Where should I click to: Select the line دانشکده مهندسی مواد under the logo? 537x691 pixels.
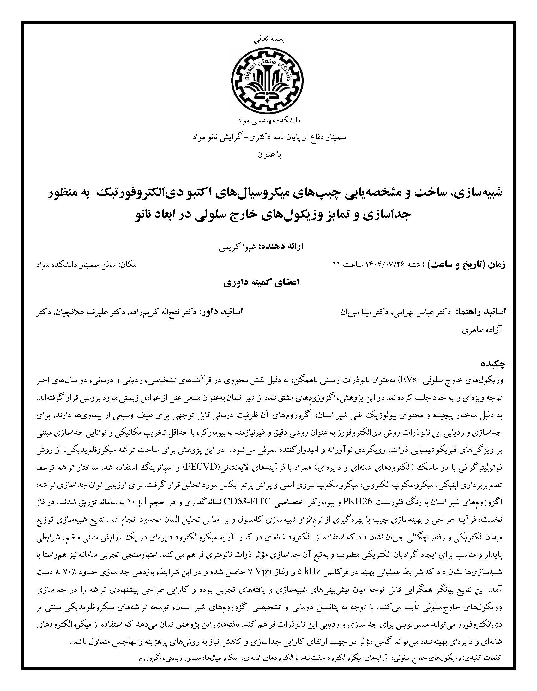pos(268,121)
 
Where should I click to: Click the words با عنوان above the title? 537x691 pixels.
pos(269,155)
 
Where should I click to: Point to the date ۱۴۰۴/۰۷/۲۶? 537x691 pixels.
pos(376,264)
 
